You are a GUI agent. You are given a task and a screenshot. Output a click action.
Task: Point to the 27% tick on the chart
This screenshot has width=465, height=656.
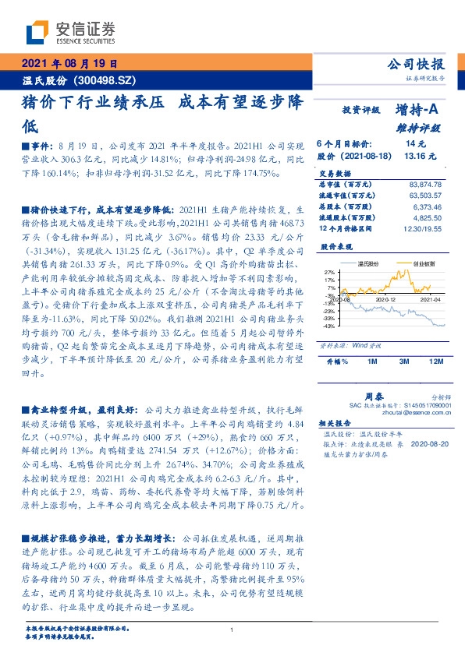coord(329,272)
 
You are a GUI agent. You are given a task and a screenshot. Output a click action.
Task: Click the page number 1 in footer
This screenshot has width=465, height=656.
coord(232,630)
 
